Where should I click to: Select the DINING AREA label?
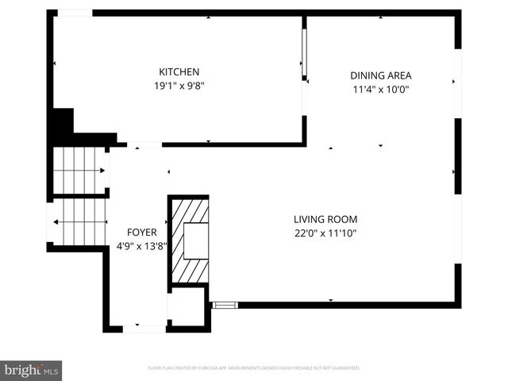381,76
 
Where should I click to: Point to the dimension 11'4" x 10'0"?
381,90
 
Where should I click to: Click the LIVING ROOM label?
325,219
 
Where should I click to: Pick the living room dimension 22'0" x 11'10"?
325,233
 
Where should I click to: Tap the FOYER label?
142,232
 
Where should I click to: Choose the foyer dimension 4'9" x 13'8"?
142,246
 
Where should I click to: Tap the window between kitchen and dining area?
304,54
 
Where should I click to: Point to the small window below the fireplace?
225,304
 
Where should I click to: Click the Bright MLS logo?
32,370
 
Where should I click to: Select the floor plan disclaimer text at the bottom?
254,368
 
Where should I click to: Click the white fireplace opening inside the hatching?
195,241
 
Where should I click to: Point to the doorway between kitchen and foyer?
144,145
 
